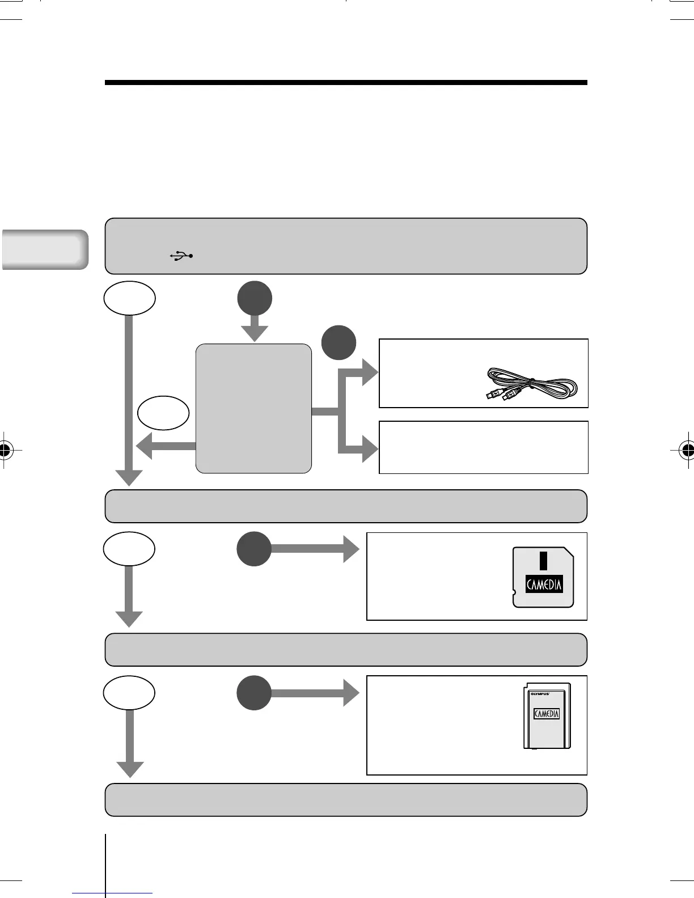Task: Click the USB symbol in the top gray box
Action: point(181,256)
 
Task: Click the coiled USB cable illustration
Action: point(532,385)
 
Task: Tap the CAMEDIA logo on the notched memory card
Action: point(544,584)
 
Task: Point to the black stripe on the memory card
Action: point(543,560)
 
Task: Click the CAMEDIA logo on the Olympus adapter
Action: point(547,714)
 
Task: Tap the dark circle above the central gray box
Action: point(255,298)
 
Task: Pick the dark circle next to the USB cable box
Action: point(339,342)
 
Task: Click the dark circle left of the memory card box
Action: point(254,549)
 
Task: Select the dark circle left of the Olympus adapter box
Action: point(254,692)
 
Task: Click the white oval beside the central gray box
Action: point(163,413)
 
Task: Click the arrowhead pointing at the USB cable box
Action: point(370,374)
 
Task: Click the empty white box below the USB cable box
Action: point(483,447)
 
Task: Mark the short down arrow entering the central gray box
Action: point(255,329)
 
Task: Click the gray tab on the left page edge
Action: point(44,249)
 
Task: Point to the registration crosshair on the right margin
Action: point(687,450)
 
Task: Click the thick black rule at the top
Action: point(346,83)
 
